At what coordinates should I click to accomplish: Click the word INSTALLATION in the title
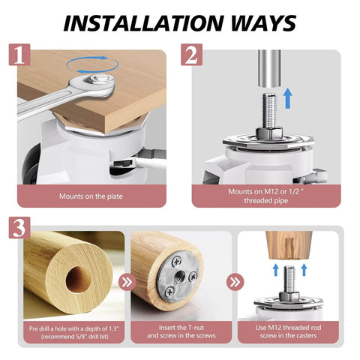(x=142, y=23)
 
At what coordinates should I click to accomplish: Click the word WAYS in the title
(x=263, y=23)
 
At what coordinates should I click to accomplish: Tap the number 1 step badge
(x=19, y=55)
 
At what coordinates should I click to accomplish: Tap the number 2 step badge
(x=191, y=55)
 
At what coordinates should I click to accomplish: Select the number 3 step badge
(x=19, y=227)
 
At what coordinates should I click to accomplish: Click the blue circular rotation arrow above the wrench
(x=92, y=64)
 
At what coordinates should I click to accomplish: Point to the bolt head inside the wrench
(x=99, y=79)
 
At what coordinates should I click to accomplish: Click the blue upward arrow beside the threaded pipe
(x=289, y=98)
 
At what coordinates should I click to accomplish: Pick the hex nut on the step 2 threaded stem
(x=269, y=133)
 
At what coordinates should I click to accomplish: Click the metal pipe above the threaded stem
(x=269, y=68)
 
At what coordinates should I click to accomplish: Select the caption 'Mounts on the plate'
(x=91, y=196)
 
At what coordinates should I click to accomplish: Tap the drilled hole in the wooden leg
(x=78, y=280)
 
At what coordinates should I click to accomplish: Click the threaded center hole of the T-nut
(x=179, y=275)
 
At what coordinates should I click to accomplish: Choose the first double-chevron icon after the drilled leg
(x=127, y=282)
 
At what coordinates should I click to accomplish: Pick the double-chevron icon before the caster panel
(x=235, y=282)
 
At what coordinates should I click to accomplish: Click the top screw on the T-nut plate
(x=177, y=262)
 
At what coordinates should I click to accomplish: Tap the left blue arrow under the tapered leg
(x=275, y=270)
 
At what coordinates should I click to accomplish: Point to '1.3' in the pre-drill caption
(x=113, y=328)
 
